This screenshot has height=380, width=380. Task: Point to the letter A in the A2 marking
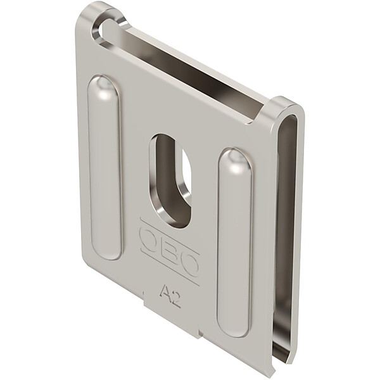[x=164, y=291]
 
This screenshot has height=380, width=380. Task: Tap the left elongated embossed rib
[x=104, y=167]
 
